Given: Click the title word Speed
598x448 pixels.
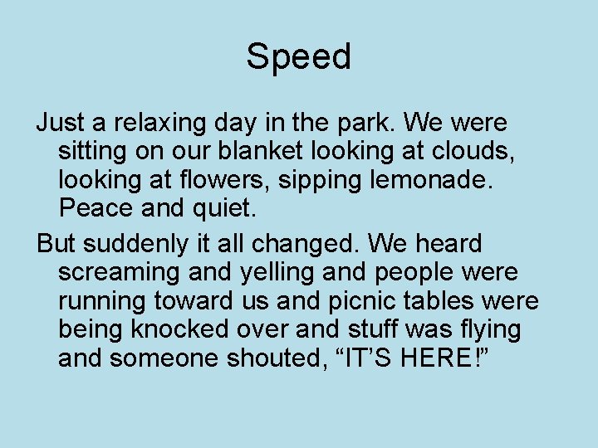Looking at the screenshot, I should pyautogui.click(x=298, y=57).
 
